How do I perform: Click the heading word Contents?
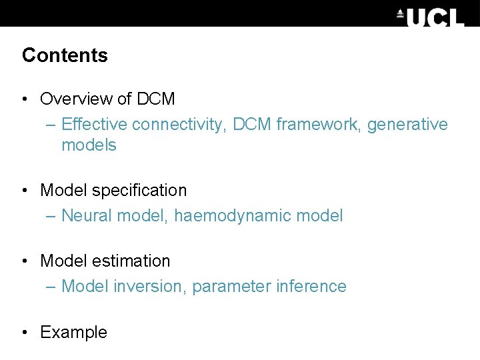[65, 55]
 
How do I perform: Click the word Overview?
[77, 99]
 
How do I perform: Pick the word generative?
[407, 125]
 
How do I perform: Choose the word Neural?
[86, 216]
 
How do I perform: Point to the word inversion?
[150, 287]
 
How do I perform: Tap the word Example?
[73, 333]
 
